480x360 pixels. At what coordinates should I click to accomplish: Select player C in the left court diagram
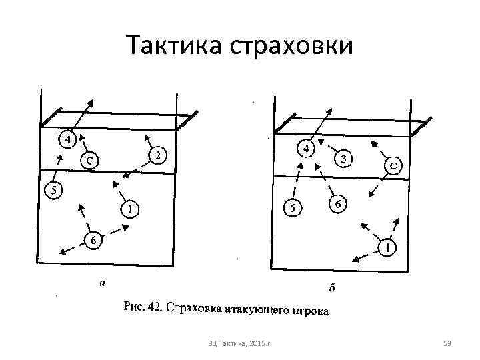coord(89,160)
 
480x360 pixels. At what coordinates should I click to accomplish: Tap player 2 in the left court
coord(157,155)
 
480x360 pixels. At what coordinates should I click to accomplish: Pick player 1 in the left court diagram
coord(131,209)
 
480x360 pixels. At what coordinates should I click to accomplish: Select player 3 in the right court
coord(343,159)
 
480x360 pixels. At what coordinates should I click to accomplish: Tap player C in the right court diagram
coord(394,166)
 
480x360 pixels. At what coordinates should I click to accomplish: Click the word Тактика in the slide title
coord(167,46)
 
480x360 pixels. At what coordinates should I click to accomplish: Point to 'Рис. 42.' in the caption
coord(143,308)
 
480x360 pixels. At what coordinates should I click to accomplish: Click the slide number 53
coord(447,344)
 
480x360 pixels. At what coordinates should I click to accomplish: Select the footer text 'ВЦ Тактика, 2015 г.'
coord(244,344)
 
